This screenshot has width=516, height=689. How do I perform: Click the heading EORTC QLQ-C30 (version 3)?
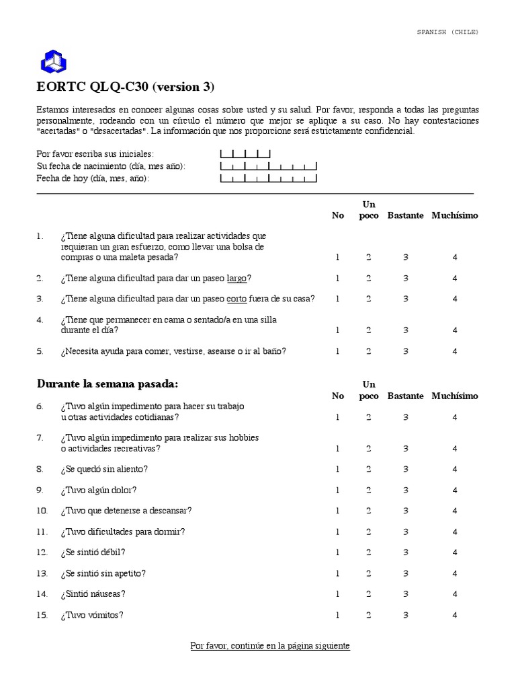[x=125, y=87]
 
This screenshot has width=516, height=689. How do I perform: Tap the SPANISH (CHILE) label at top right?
[x=448, y=32]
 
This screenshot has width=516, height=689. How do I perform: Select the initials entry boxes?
[x=245, y=154]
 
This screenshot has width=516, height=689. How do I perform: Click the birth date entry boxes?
[x=268, y=166]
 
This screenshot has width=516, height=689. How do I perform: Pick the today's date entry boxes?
[x=268, y=178]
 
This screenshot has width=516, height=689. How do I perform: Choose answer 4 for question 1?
[x=455, y=257]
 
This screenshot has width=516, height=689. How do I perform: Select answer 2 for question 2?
[x=368, y=278]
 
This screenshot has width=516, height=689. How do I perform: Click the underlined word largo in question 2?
[x=237, y=278]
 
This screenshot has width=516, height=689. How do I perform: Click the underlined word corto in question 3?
[x=236, y=299]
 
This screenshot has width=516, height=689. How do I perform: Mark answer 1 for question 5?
[x=338, y=351]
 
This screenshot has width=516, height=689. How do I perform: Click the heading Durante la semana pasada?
[x=107, y=384]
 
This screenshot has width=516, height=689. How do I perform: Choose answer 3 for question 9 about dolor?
[x=406, y=490]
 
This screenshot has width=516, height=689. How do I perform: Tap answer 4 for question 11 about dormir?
[x=455, y=532]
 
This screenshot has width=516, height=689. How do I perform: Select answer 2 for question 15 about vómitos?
[x=368, y=615]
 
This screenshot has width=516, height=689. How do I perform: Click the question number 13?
[x=42, y=573]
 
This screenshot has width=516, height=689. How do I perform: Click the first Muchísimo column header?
[x=455, y=215]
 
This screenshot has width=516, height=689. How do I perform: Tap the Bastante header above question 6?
[x=405, y=396]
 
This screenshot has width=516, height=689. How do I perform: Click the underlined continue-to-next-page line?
[x=270, y=645]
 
